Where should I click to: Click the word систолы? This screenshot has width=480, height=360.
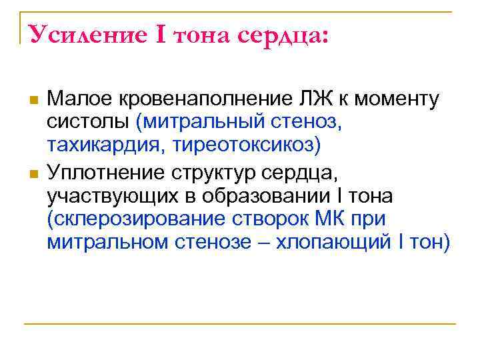[88, 122]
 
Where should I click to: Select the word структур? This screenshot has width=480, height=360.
[218, 175]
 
